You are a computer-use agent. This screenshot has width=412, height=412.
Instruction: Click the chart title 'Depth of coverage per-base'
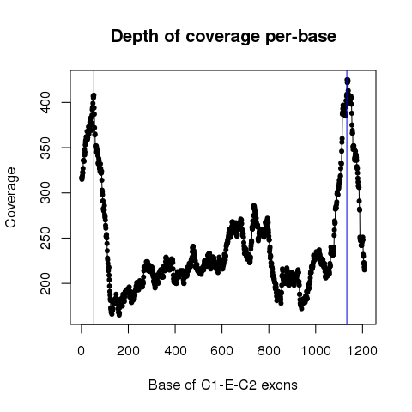tap(223, 37)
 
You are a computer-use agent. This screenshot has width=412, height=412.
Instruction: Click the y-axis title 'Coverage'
tap(10, 197)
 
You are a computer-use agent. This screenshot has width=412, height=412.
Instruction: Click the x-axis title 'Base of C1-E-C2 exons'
tap(223, 385)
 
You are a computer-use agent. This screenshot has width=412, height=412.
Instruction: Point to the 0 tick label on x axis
tap(82, 350)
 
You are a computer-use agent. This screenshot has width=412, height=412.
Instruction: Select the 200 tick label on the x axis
tap(128, 350)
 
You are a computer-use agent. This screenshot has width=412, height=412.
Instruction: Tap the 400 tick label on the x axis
tap(175, 350)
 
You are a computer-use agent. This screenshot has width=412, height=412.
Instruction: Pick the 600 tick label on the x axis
tap(221, 350)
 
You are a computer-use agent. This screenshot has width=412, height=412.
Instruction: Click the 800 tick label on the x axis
tap(269, 350)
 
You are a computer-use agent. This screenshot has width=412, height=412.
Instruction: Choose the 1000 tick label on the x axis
tap(316, 350)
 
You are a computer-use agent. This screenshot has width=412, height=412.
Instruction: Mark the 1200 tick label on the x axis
tap(362, 350)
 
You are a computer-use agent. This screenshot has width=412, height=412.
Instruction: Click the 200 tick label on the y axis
tap(45, 283)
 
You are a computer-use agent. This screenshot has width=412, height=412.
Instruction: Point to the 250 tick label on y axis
tap(45, 238)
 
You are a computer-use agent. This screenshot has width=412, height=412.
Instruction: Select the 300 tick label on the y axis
tap(45, 193)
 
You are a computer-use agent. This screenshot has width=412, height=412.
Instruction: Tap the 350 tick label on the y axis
tap(45, 148)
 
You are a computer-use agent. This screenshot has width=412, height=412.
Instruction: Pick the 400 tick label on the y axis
tap(45, 102)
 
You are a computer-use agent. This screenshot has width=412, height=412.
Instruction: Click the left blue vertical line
tap(94, 197)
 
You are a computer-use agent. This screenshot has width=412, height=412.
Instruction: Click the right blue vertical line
tap(347, 197)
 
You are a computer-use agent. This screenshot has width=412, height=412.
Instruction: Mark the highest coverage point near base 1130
tap(348, 81)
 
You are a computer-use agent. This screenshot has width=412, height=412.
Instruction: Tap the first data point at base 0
tap(82, 179)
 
